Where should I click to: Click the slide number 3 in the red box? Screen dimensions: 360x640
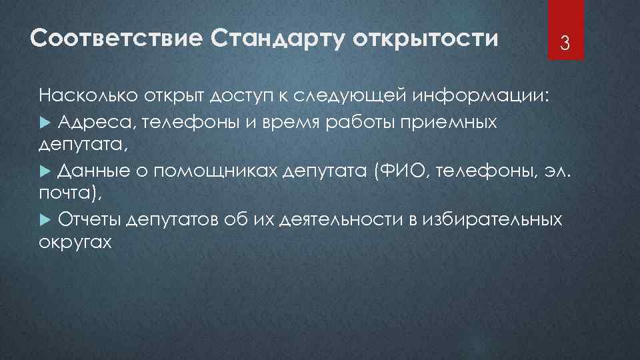click(x=564, y=45)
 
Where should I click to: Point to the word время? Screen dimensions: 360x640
click(x=303, y=121)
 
